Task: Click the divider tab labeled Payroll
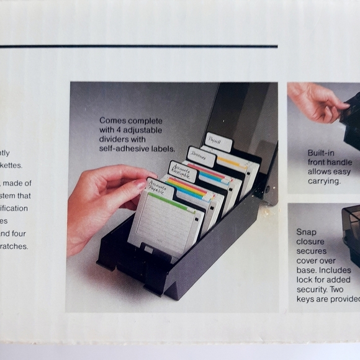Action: [218, 142]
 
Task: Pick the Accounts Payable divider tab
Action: [160, 188]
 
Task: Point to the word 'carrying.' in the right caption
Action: [325, 181]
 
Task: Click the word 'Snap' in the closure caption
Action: [305, 232]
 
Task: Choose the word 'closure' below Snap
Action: [310, 241]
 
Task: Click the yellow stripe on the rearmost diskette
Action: [233, 163]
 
